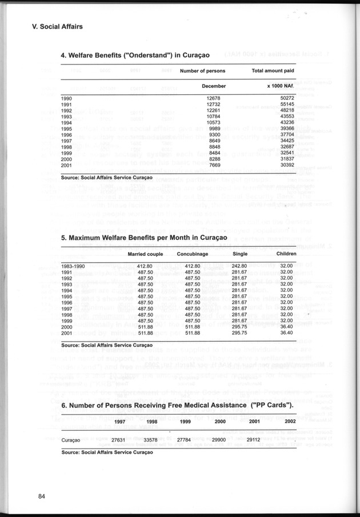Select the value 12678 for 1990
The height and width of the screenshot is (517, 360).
pos(213,99)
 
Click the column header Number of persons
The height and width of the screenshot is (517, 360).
pos(202,71)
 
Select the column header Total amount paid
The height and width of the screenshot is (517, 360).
pos(273,71)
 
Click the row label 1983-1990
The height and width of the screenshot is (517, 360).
pos(73,266)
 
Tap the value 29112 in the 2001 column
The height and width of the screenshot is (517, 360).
pos(252,440)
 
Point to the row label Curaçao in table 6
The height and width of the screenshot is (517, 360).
pos(71,440)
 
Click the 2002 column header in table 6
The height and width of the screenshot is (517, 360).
pos(290,421)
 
